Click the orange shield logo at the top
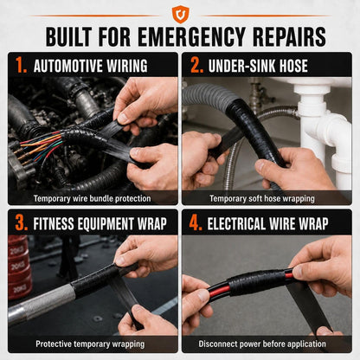(181, 14)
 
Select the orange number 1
(22, 65)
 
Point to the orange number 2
(197, 65)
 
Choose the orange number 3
(22, 223)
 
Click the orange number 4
(196, 223)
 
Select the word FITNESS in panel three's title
(54, 223)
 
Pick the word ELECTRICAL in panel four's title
(235, 223)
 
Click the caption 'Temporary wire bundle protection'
(92, 198)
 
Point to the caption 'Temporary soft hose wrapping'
(262, 198)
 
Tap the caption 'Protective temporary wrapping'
(90, 344)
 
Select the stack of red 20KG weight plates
(19, 267)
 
